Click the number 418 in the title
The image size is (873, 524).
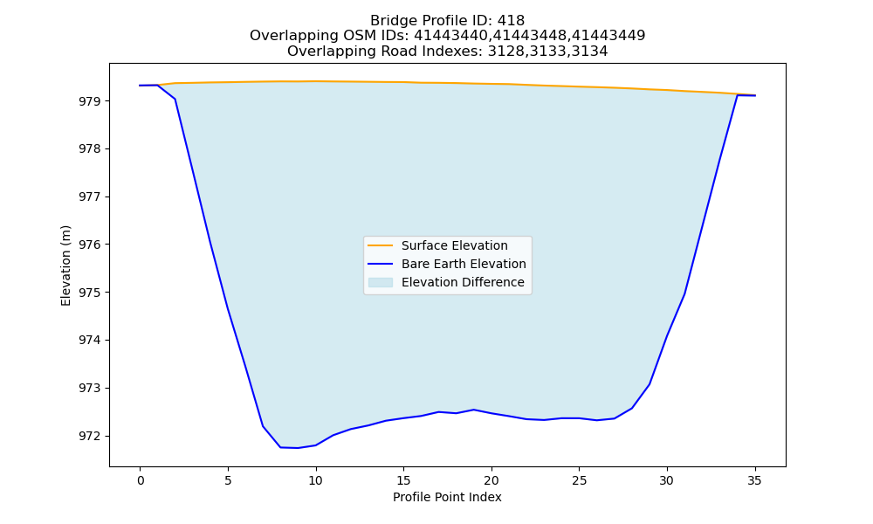(511, 21)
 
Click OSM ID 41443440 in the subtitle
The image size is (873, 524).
(448, 36)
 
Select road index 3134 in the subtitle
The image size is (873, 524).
(589, 52)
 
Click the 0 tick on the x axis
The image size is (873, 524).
(141, 480)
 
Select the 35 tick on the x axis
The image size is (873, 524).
(754, 480)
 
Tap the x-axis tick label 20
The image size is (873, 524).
(491, 480)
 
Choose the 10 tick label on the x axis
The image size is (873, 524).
(316, 480)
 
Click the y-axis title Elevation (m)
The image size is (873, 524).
(66, 265)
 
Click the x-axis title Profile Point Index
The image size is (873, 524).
(447, 497)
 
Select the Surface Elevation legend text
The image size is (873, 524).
(454, 245)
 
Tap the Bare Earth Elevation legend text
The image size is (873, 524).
(464, 264)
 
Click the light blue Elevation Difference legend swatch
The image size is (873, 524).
(381, 282)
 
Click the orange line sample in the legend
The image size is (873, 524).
(381, 245)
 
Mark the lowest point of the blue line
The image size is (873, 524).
(298, 448)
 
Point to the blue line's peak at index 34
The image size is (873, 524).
(737, 95)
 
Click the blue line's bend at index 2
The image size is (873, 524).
(175, 99)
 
